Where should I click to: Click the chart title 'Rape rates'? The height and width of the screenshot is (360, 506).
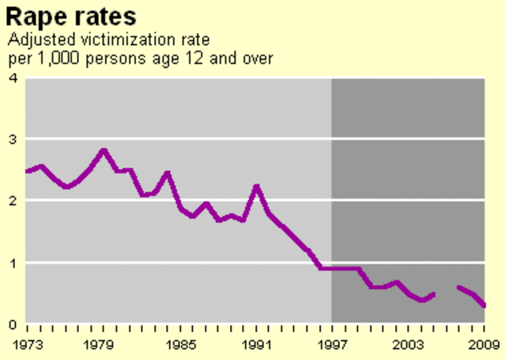coord(71,15)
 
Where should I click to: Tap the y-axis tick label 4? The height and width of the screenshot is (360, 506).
coord(13,78)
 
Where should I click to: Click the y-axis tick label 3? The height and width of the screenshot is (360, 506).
coord(13,139)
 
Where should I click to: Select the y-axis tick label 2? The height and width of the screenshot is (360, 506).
coord(13,201)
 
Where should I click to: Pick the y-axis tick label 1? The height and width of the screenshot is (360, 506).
coord(13,263)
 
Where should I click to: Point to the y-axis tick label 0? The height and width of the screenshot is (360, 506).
coord(13,324)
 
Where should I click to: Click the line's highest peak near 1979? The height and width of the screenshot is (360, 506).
coord(103,150)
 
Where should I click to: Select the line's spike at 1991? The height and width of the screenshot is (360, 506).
coord(256,186)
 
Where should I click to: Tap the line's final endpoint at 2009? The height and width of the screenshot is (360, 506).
coord(484,306)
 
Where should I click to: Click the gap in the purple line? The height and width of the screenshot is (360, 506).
coord(447,291)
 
